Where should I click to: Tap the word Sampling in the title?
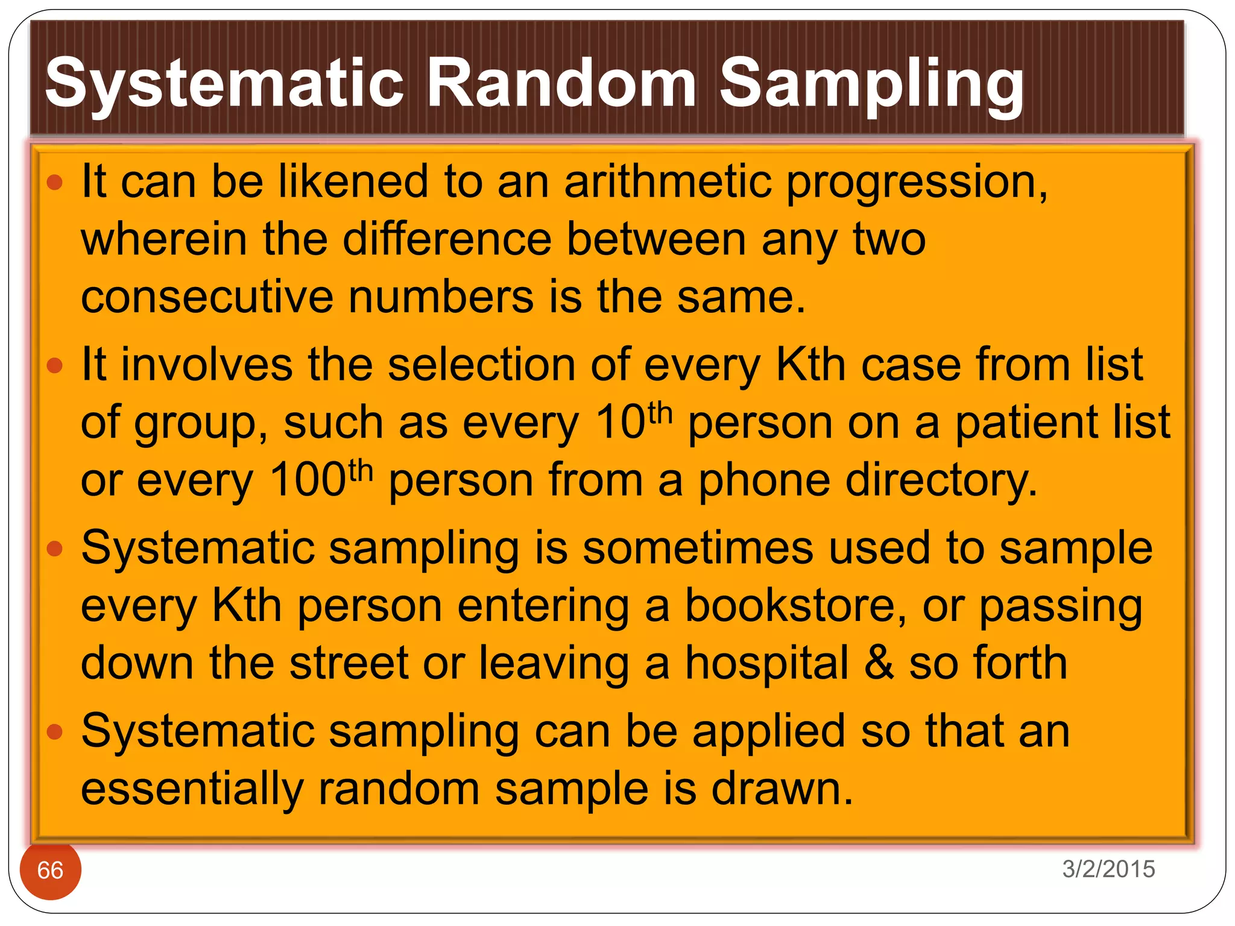tap(871, 84)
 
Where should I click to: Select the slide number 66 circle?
tap(51, 870)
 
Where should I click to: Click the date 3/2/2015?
tap(1108, 869)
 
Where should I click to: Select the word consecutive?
tap(207, 297)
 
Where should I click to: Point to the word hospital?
tap(767, 664)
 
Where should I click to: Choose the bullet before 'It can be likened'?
tap(55, 182)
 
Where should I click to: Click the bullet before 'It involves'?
tap(55, 365)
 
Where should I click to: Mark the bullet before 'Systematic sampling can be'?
tap(55, 731)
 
